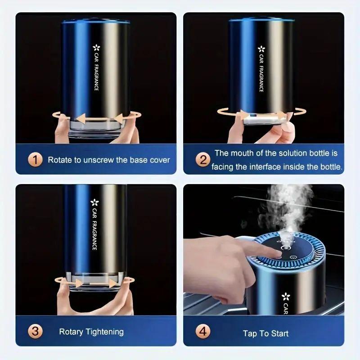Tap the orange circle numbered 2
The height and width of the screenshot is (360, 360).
pos(203,159)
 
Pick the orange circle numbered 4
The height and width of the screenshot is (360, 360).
pos(203,333)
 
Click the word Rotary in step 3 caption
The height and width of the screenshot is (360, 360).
pos(71,332)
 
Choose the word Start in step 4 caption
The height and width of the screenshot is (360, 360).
pos(279,333)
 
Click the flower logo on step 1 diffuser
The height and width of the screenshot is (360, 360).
pos(96,47)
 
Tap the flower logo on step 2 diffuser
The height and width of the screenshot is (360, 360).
pos(261,49)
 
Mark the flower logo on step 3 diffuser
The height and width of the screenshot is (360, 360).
pos(94,202)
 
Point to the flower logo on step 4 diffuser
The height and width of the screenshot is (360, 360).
pos(285,296)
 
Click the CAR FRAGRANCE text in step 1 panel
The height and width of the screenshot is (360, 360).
pos(96,72)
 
